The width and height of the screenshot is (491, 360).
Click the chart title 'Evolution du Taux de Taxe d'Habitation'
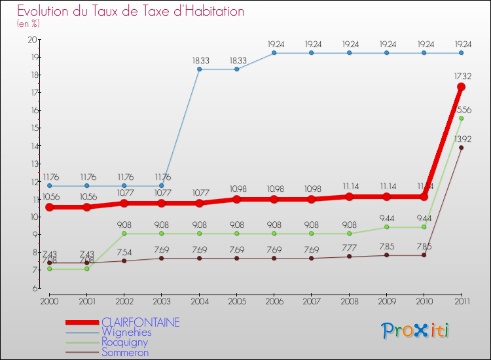[x=131, y=12]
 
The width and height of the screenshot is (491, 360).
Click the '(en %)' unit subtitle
[x=28, y=24]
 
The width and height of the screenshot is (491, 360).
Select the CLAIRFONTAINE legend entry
[x=140, y=322]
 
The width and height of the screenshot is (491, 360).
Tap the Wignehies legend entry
[x=126, y=332]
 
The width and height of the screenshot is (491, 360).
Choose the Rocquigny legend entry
[x=124, y=342]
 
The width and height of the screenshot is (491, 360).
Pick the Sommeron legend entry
[x=125, y=352]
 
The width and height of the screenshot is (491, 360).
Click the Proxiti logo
[x=416, y=331]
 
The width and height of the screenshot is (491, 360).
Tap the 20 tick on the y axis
[x=31, y=39]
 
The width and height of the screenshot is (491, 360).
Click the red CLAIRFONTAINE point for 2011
[x=462, y=87]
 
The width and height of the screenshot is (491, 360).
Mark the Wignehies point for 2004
[x=199, y=69]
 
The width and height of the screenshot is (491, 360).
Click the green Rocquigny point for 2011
[x=462, y=118]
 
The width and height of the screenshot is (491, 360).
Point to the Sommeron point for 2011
[x=462, y=147]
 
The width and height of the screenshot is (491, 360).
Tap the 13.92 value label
[x=463, y=138]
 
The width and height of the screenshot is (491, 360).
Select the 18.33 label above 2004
[x=200, y=60]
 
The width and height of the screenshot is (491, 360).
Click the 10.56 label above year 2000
[x=50, y=197]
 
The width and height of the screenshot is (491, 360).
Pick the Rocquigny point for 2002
[x=124, y=234]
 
